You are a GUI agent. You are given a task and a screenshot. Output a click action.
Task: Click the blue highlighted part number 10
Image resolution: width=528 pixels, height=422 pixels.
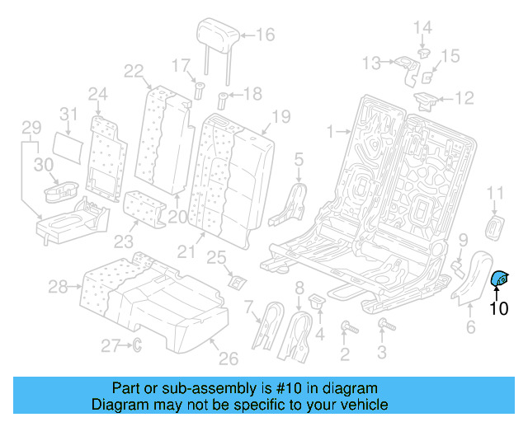click(500, 281)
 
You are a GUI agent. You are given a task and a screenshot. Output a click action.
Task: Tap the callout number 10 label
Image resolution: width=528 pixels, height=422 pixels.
click(500, 310)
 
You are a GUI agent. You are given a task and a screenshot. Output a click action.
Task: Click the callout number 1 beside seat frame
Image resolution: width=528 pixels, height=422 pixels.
click(330, 131)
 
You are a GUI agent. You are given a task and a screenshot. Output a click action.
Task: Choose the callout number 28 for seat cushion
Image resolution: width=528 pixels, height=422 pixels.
click(57, 287)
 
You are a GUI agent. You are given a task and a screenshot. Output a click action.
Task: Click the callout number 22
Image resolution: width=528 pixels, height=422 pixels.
click(134, 71)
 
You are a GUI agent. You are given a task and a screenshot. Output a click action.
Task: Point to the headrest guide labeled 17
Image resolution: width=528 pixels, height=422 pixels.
click(198, 89)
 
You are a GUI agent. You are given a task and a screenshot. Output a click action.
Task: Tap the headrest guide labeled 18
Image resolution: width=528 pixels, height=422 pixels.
click(223, 103)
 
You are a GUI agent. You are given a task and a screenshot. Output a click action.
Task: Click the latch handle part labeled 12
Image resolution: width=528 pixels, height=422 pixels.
click(427, 101)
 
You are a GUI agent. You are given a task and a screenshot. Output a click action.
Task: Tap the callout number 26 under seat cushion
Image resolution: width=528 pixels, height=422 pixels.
click(228, 358)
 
